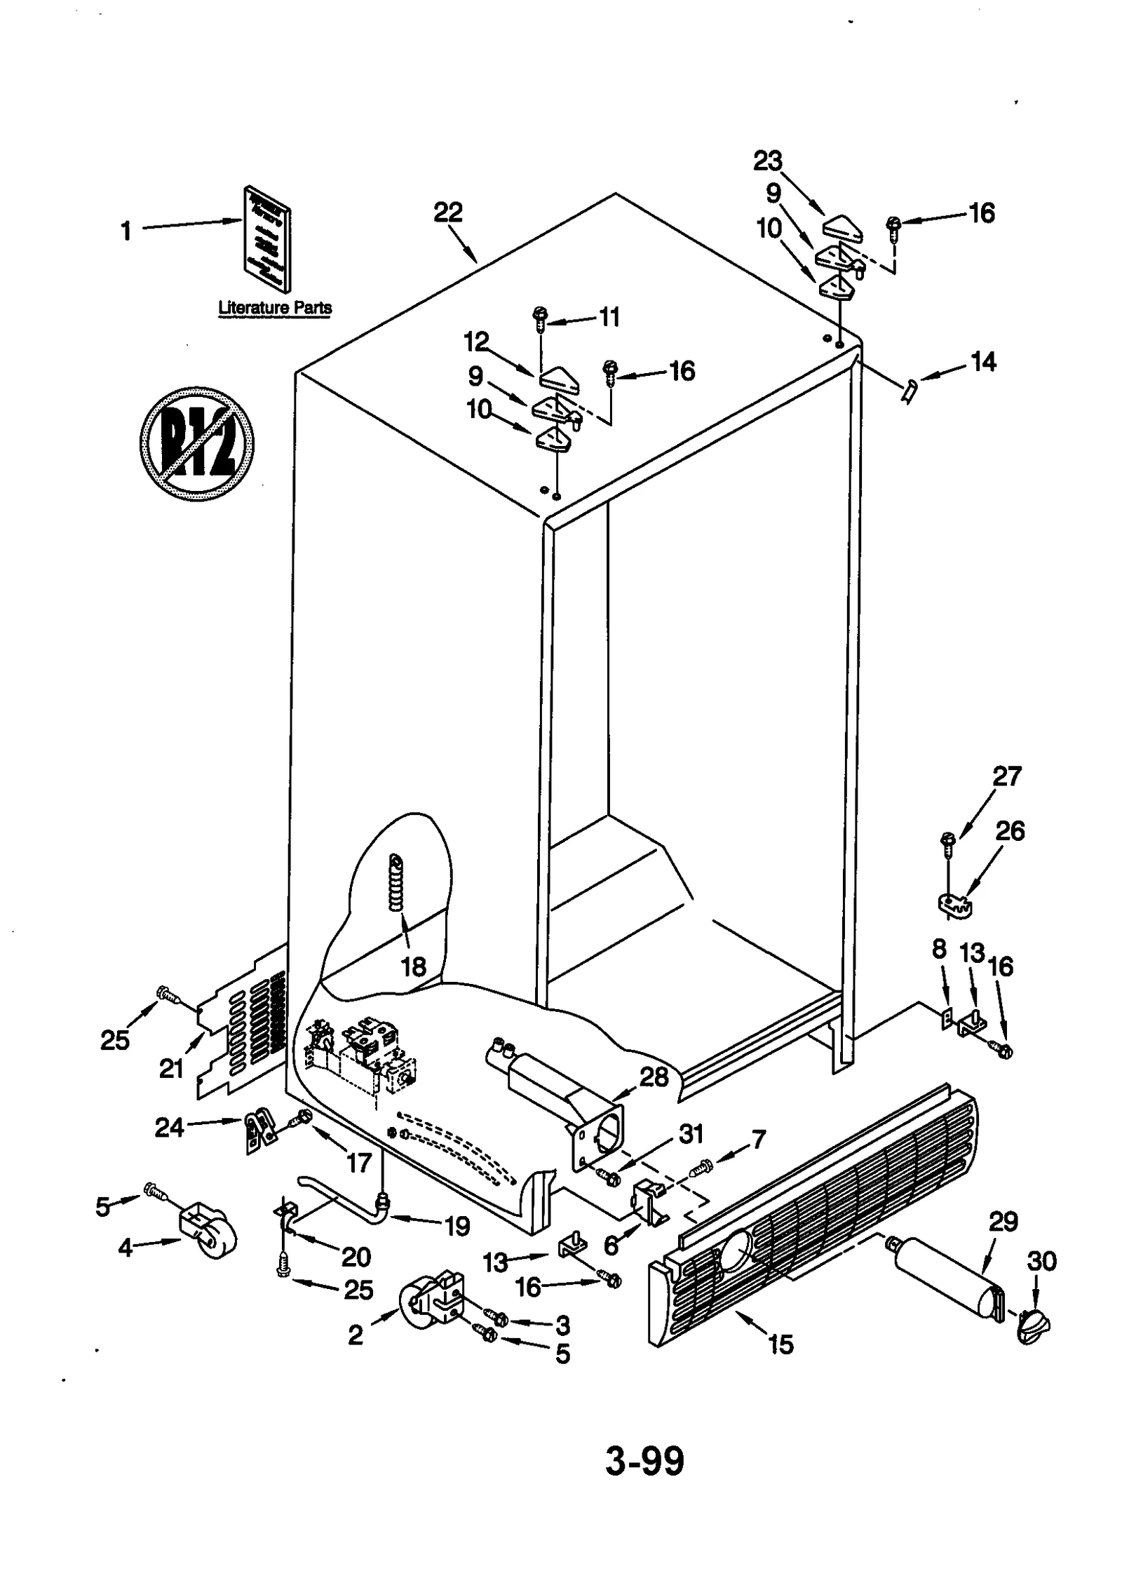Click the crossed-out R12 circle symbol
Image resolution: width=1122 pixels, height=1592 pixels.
point(196,443)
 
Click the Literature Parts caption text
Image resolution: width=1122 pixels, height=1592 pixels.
point(275,307)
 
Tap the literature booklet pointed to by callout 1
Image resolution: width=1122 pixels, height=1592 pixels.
point(268,238)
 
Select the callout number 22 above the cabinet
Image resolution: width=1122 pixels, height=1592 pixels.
point(448,212)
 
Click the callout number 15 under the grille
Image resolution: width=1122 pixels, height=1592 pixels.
point(780,1344)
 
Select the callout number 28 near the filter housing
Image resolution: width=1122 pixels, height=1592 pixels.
point(654,1077)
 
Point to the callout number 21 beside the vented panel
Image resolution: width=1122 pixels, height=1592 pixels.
point(171,1069)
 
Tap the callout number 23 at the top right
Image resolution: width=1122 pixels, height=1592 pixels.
point(768,161)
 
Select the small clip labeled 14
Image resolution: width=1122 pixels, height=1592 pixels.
point(908,389)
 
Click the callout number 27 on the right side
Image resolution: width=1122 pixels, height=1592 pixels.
point(1007,776)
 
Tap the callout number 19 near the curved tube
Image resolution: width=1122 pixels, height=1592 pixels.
point(457,1226)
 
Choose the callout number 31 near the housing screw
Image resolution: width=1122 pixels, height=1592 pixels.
point(691,1134)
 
